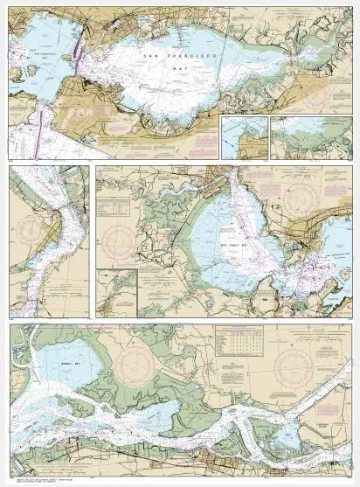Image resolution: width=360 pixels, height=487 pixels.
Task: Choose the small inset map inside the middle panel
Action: (x=116, y=292)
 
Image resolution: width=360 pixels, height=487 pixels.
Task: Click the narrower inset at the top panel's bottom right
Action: (x=244, y=138)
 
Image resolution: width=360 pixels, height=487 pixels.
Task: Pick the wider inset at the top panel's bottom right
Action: (x=310, y=138)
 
